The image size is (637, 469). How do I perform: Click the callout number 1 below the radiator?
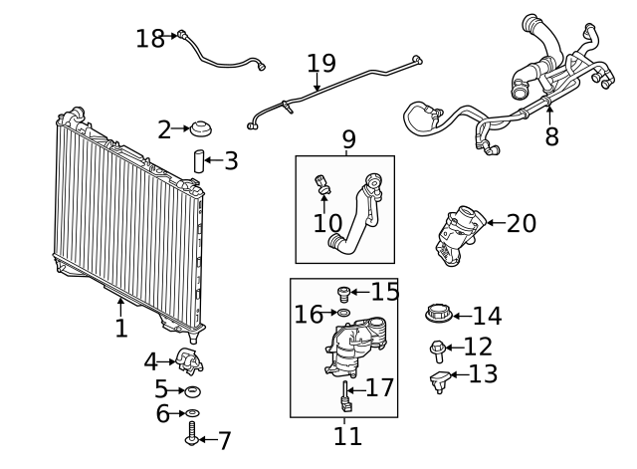pos(121,328)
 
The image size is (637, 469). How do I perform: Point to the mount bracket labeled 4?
pos(190,361)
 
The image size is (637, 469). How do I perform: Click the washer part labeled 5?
pos(193,390)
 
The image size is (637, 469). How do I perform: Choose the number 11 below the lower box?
pos(347,435)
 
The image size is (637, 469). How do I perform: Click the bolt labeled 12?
pos(438,349)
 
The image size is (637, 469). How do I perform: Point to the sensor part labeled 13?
pos(440,379)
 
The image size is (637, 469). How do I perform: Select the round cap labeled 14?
pos(438,315)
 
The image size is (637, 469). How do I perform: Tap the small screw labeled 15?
pos(344,293)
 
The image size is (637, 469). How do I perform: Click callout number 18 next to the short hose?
pos(150,39)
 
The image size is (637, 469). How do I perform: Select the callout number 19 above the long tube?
pos(320,64)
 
